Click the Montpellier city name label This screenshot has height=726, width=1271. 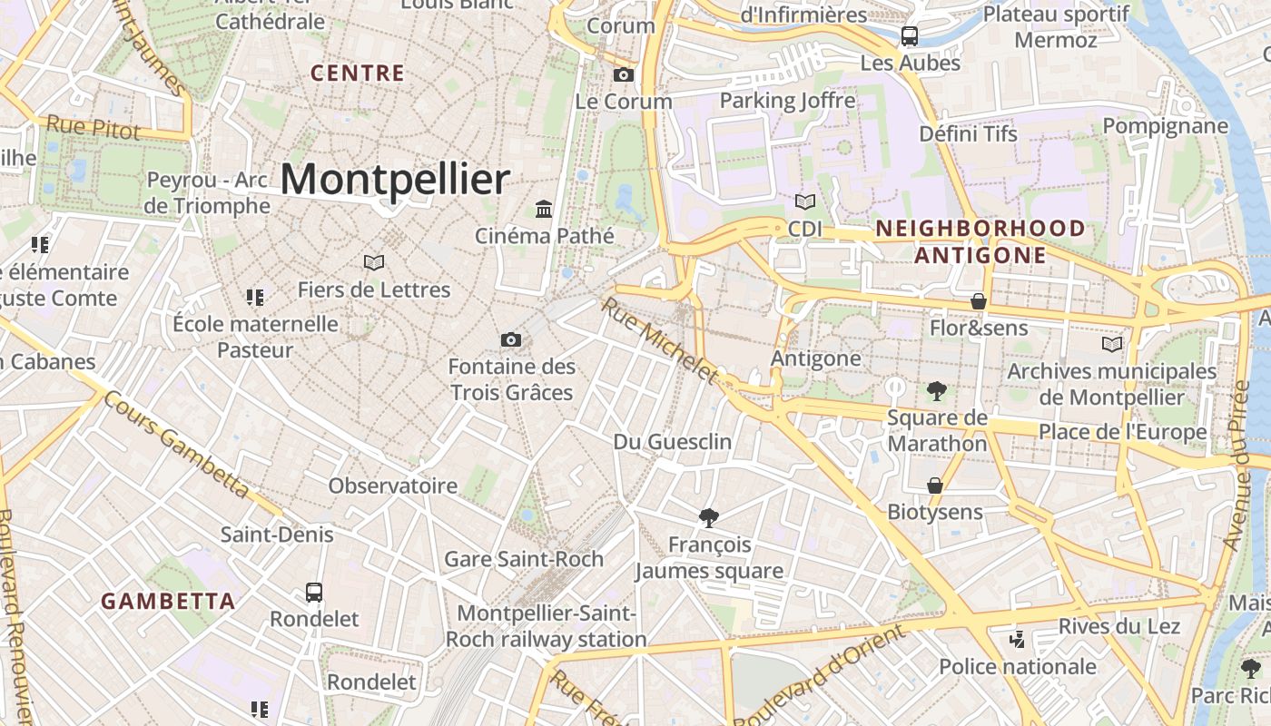(394, 179)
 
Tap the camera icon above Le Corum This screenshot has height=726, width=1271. (624, 74)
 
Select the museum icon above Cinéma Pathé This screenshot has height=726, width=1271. (544, 210)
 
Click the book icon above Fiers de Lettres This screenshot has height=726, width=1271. (373, 262)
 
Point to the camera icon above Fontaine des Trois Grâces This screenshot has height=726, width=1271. (511, 339)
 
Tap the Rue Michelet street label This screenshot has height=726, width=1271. (660, 340)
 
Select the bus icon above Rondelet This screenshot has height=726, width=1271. (314, 593)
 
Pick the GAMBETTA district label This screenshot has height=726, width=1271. (168, 601)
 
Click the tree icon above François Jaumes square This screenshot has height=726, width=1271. (709, 518)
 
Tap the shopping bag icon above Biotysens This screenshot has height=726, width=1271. (935, 486)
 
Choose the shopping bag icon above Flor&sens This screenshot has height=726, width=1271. (979, 300)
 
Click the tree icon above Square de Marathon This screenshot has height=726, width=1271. (937, 391)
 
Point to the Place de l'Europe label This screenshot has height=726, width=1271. (1123, 432)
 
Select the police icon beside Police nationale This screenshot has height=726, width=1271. (1018, 640)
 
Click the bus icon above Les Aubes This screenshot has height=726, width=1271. (909, 36)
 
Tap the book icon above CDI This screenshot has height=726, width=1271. (804, 201)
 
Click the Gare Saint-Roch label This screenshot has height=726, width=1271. (524, 559)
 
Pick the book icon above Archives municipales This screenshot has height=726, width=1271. (1111, 344)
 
